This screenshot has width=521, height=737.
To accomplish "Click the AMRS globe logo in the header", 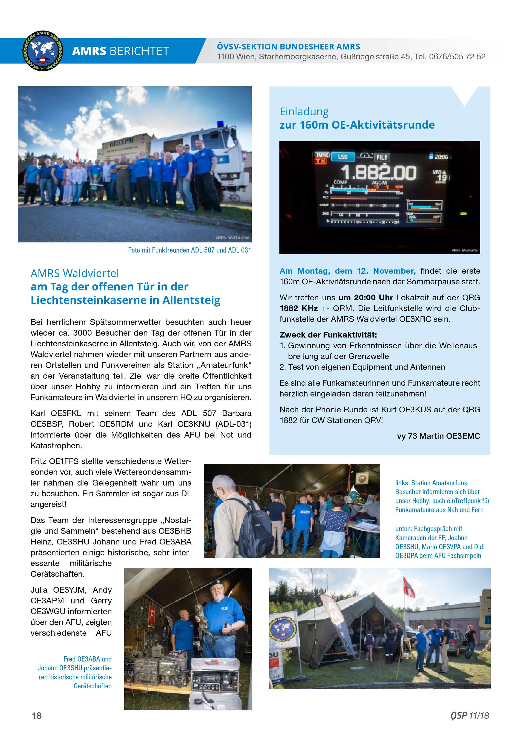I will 43,51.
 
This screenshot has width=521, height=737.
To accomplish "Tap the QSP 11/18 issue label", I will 469,715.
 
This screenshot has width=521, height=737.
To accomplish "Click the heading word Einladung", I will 304,112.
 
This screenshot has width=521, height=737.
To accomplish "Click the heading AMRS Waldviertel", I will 74,273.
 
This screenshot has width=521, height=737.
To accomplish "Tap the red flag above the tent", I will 409,587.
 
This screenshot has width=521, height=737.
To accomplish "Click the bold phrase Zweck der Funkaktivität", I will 328,335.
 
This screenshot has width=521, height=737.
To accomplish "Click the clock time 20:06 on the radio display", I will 441,157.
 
